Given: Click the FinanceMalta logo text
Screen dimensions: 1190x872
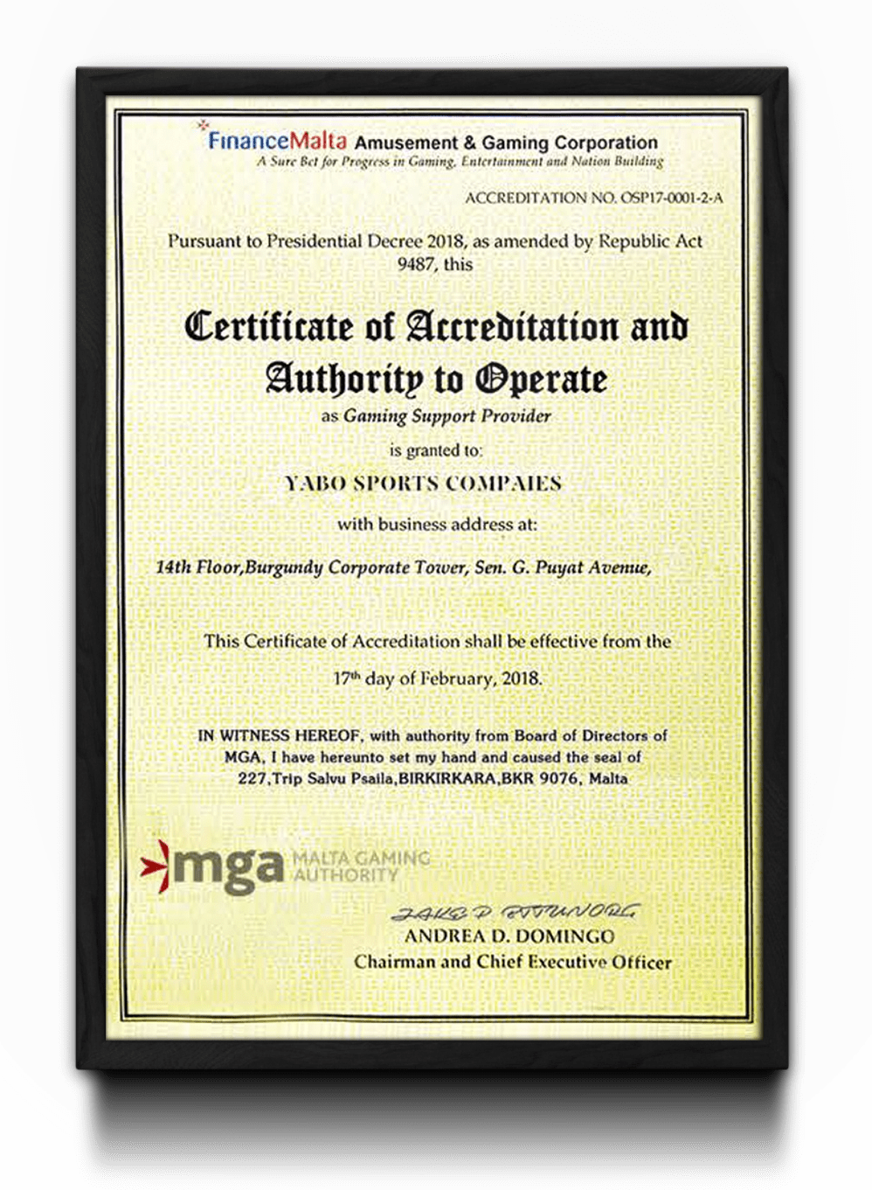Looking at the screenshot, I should [276, 140].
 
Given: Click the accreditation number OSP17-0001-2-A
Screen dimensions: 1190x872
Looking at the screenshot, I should [671, 198].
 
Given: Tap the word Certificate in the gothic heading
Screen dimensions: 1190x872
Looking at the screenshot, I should [268, 326].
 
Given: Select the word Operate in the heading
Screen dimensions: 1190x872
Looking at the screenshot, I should [541, 379].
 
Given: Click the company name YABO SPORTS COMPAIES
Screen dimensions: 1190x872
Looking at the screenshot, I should [423, 484].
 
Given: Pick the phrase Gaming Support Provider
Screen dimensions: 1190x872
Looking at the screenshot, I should [446, 416].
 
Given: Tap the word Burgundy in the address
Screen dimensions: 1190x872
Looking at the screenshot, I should [285, 567].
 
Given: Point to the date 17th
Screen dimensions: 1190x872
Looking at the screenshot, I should [346, 679].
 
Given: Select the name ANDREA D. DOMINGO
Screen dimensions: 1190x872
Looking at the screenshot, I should [509, 936].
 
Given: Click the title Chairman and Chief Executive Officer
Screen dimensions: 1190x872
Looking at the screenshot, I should [513, 962].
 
